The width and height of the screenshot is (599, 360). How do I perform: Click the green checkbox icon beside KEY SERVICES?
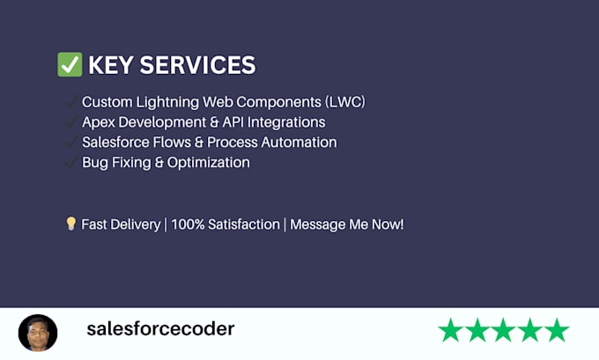pyautogui.click(x=70, y=64)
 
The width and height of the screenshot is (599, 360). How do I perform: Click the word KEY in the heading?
pyautogui.click(x=111, y=65)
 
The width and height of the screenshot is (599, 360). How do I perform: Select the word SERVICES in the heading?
pyautogui.click(x=197, y=65)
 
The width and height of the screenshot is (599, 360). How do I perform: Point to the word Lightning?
pyautogui.click(x=167, y=102)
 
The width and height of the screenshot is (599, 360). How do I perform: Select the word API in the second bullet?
pyautogui.click(x=233, y=122)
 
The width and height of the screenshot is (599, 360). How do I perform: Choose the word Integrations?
pyautogui.click(x=286, y=122)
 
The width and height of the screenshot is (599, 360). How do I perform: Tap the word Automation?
pyautogui.click(x=299, y=143)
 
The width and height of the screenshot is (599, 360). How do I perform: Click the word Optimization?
pyautogui.click(x=209, y=163)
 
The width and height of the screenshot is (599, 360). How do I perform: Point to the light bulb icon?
pyautogui.click(x=70, y=224)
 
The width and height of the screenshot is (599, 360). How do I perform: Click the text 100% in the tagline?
pyautogui.click(x=188, y=224)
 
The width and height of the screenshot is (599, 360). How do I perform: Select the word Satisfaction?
pyautogui.click(x=244, y=224)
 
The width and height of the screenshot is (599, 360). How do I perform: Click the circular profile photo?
pyautogui.click(x=38, y=333)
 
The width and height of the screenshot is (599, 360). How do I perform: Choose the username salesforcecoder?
pyautogui.click(x=160, y=329)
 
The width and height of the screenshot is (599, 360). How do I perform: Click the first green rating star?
pyautogui.click(x=451, y=329)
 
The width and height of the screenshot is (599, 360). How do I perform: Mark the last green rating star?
pyautogui.click(x=557, y=329)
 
